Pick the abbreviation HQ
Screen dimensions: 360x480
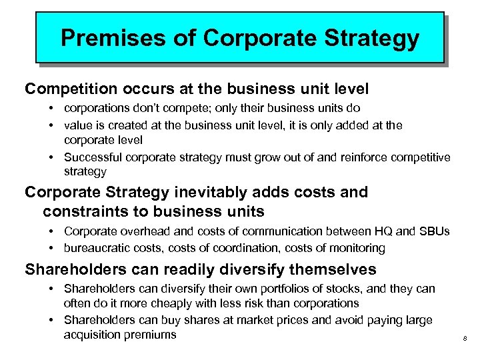click(380, 231)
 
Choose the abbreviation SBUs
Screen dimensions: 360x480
click(433, 231)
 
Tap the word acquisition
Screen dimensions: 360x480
click(92, 334)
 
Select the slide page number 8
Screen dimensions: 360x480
click(464, 341)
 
